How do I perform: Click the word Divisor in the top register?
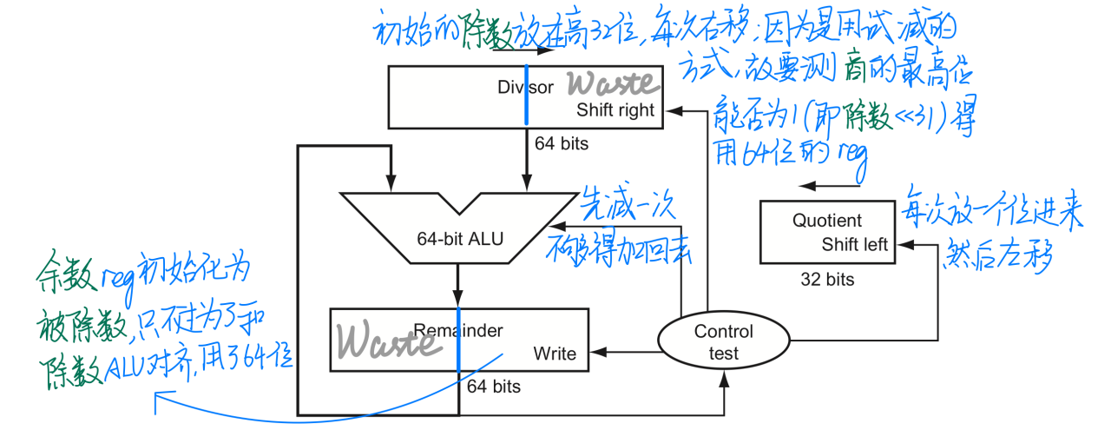[525, 87]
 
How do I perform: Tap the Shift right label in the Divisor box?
[615, 110]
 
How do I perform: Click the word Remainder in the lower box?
[458, 330]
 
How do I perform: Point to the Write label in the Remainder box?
[555, 353]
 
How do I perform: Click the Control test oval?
[723, 341]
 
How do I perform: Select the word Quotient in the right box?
[827, 221]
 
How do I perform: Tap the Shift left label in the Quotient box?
[855, 244]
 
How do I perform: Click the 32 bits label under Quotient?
[827, 279]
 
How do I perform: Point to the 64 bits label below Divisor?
[561, 143]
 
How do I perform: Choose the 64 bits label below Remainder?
[493, 386]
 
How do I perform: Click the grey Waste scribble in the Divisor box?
[613, 84]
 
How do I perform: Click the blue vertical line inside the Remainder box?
[458, 339]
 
